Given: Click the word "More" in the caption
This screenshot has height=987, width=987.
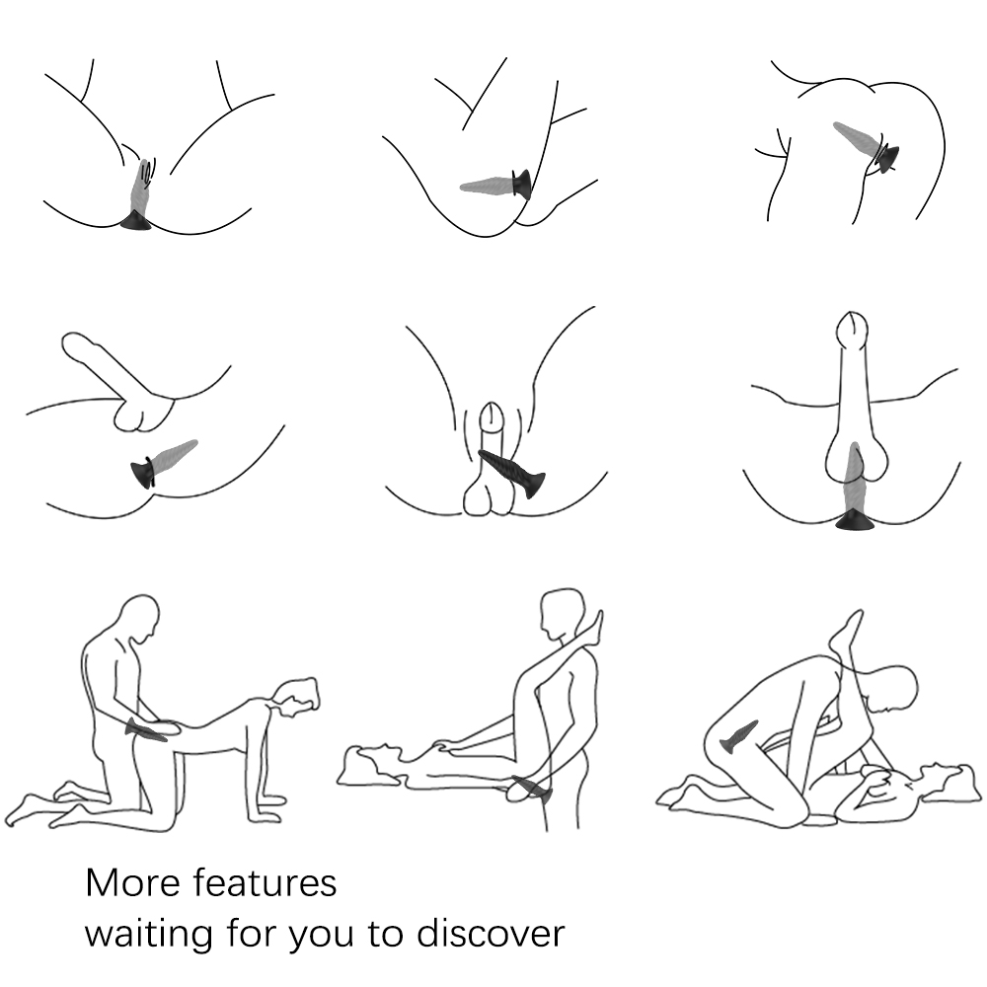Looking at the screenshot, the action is [133, 882].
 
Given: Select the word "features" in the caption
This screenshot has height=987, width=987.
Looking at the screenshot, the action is [265, 882].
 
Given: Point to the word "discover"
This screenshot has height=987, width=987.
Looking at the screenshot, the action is [491, 933].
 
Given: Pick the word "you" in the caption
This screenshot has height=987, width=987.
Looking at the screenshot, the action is [321, 938].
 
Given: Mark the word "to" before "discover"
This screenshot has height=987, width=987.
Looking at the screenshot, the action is [386, 934].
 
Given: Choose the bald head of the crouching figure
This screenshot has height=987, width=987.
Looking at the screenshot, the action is [889, 689].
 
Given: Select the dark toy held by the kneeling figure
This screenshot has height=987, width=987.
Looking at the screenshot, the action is [146, 729].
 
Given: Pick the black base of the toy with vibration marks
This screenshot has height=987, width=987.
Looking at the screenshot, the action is [135, 221].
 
